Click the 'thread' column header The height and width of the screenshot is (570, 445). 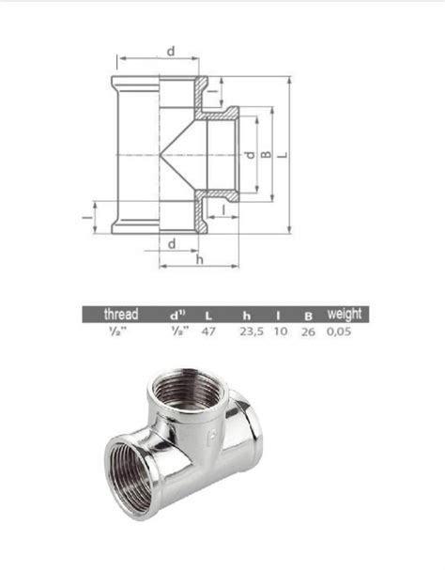click(121, 315)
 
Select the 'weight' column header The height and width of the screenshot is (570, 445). click(343, 315)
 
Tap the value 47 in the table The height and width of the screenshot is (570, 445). click(209, 331)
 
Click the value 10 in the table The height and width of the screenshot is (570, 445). click(280, 331)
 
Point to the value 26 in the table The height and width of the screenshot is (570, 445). click(307, 331)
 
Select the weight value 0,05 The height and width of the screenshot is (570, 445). click(341, 331)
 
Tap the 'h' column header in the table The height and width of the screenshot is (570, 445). click(246, 316)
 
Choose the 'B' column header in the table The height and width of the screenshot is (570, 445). click(307, 316)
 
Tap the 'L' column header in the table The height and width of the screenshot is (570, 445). click(209, 316)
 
